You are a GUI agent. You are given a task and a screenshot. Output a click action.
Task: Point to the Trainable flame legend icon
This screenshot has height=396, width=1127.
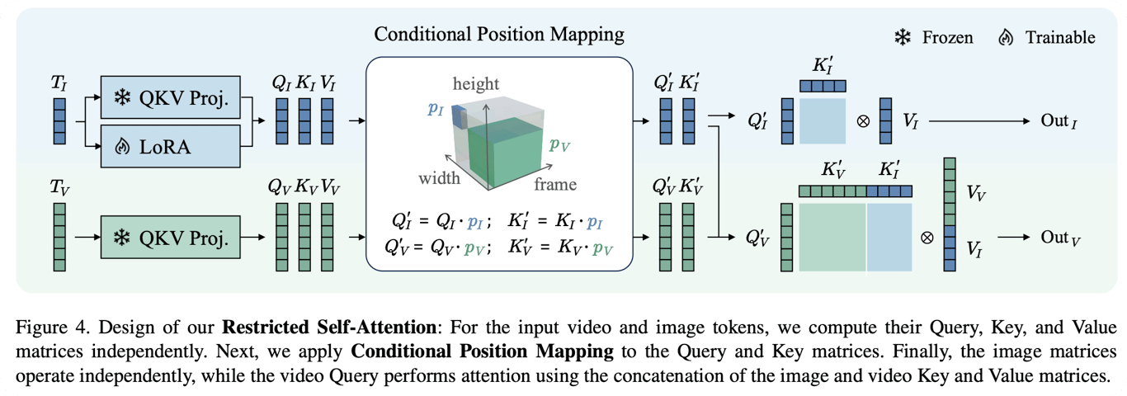coord(1005,37)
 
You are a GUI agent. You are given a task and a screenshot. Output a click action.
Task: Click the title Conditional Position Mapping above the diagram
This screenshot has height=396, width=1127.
coord(499,35)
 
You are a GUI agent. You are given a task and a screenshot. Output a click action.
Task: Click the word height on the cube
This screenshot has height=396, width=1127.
coord(477,83)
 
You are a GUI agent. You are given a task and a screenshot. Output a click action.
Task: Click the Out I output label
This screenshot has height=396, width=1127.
coord(1060,121)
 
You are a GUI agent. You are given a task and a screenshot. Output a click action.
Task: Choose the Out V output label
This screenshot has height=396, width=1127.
coord(1060,238)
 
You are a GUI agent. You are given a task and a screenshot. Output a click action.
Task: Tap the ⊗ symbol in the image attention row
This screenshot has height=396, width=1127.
coord(863,121)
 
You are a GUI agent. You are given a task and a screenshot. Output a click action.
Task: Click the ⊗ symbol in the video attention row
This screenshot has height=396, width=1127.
coord(927,238)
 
